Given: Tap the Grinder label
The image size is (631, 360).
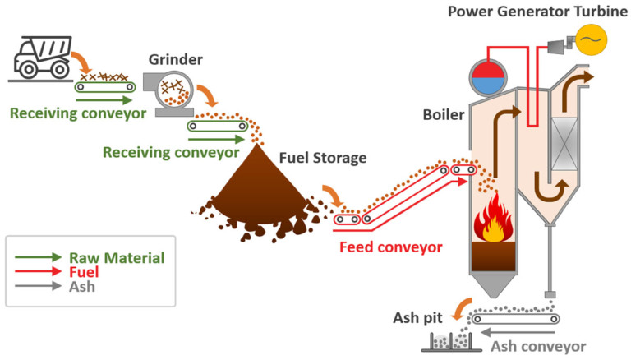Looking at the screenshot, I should point(177,59).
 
